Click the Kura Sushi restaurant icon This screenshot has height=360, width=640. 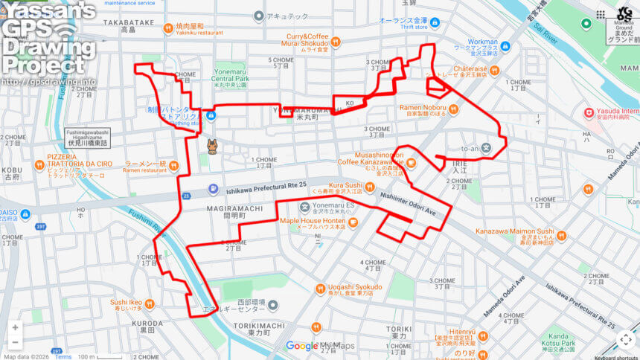370,185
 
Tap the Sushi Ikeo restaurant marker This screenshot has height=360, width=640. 150,303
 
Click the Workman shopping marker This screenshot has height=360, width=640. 505,46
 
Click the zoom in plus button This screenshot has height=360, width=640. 15,327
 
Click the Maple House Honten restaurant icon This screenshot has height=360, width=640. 352,221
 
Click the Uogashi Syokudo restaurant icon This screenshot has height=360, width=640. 321,288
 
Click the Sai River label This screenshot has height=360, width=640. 545,33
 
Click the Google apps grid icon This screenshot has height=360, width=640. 601,14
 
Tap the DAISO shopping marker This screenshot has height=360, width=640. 26,216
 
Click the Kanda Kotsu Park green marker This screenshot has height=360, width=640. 554,322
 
